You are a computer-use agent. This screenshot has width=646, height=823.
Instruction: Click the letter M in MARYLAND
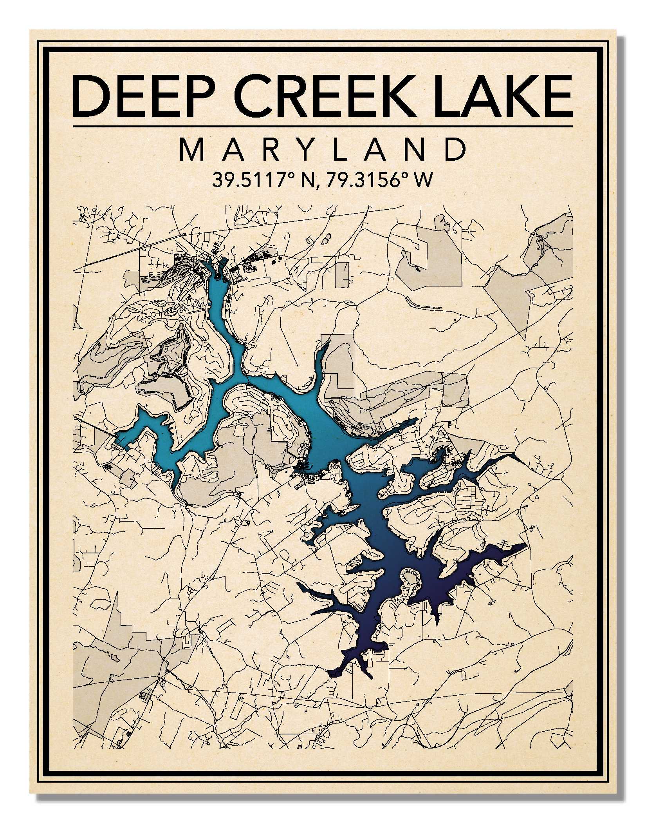click(192, 149)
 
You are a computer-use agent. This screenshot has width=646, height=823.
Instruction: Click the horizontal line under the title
click(323, 126)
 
